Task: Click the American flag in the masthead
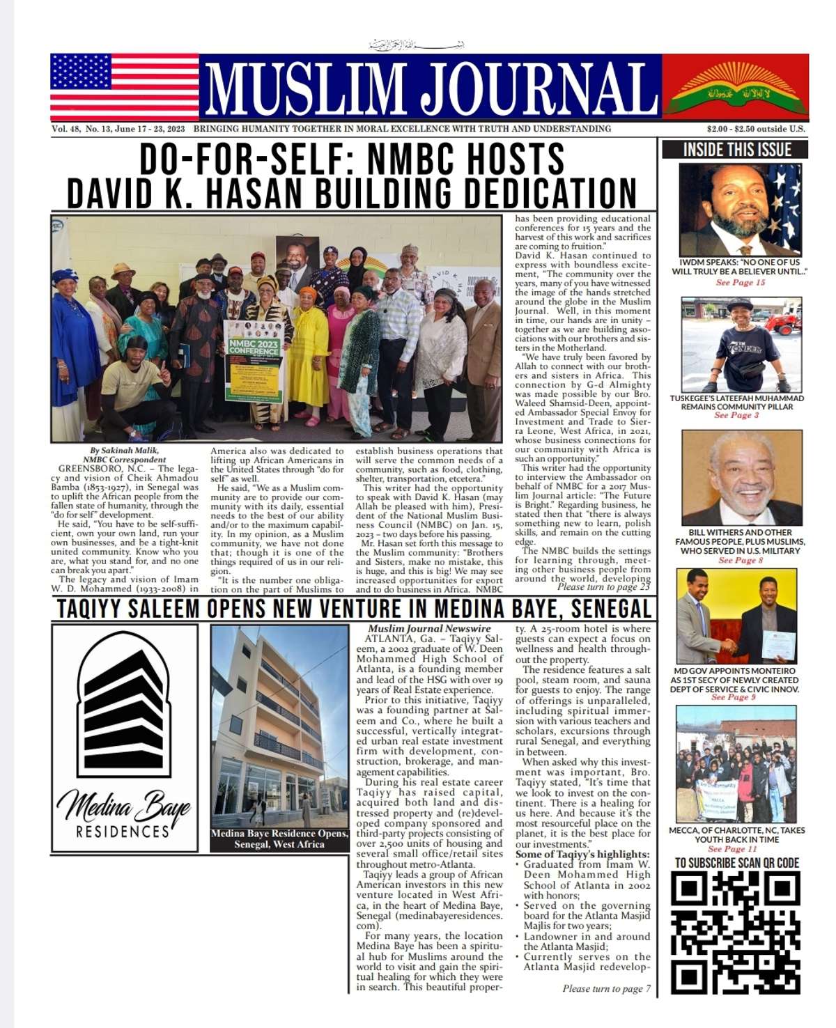point(124,87)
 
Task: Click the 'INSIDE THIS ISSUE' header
point(737,150)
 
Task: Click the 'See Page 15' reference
point(740,283)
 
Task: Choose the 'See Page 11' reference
point(731,849)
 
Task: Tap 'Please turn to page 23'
point(603,587)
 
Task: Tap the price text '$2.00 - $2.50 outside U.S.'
point(756,129)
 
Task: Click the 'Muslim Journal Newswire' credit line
point(429,628)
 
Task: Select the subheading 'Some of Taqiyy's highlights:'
point(582,855)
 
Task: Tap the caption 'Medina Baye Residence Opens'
point(279,834)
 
